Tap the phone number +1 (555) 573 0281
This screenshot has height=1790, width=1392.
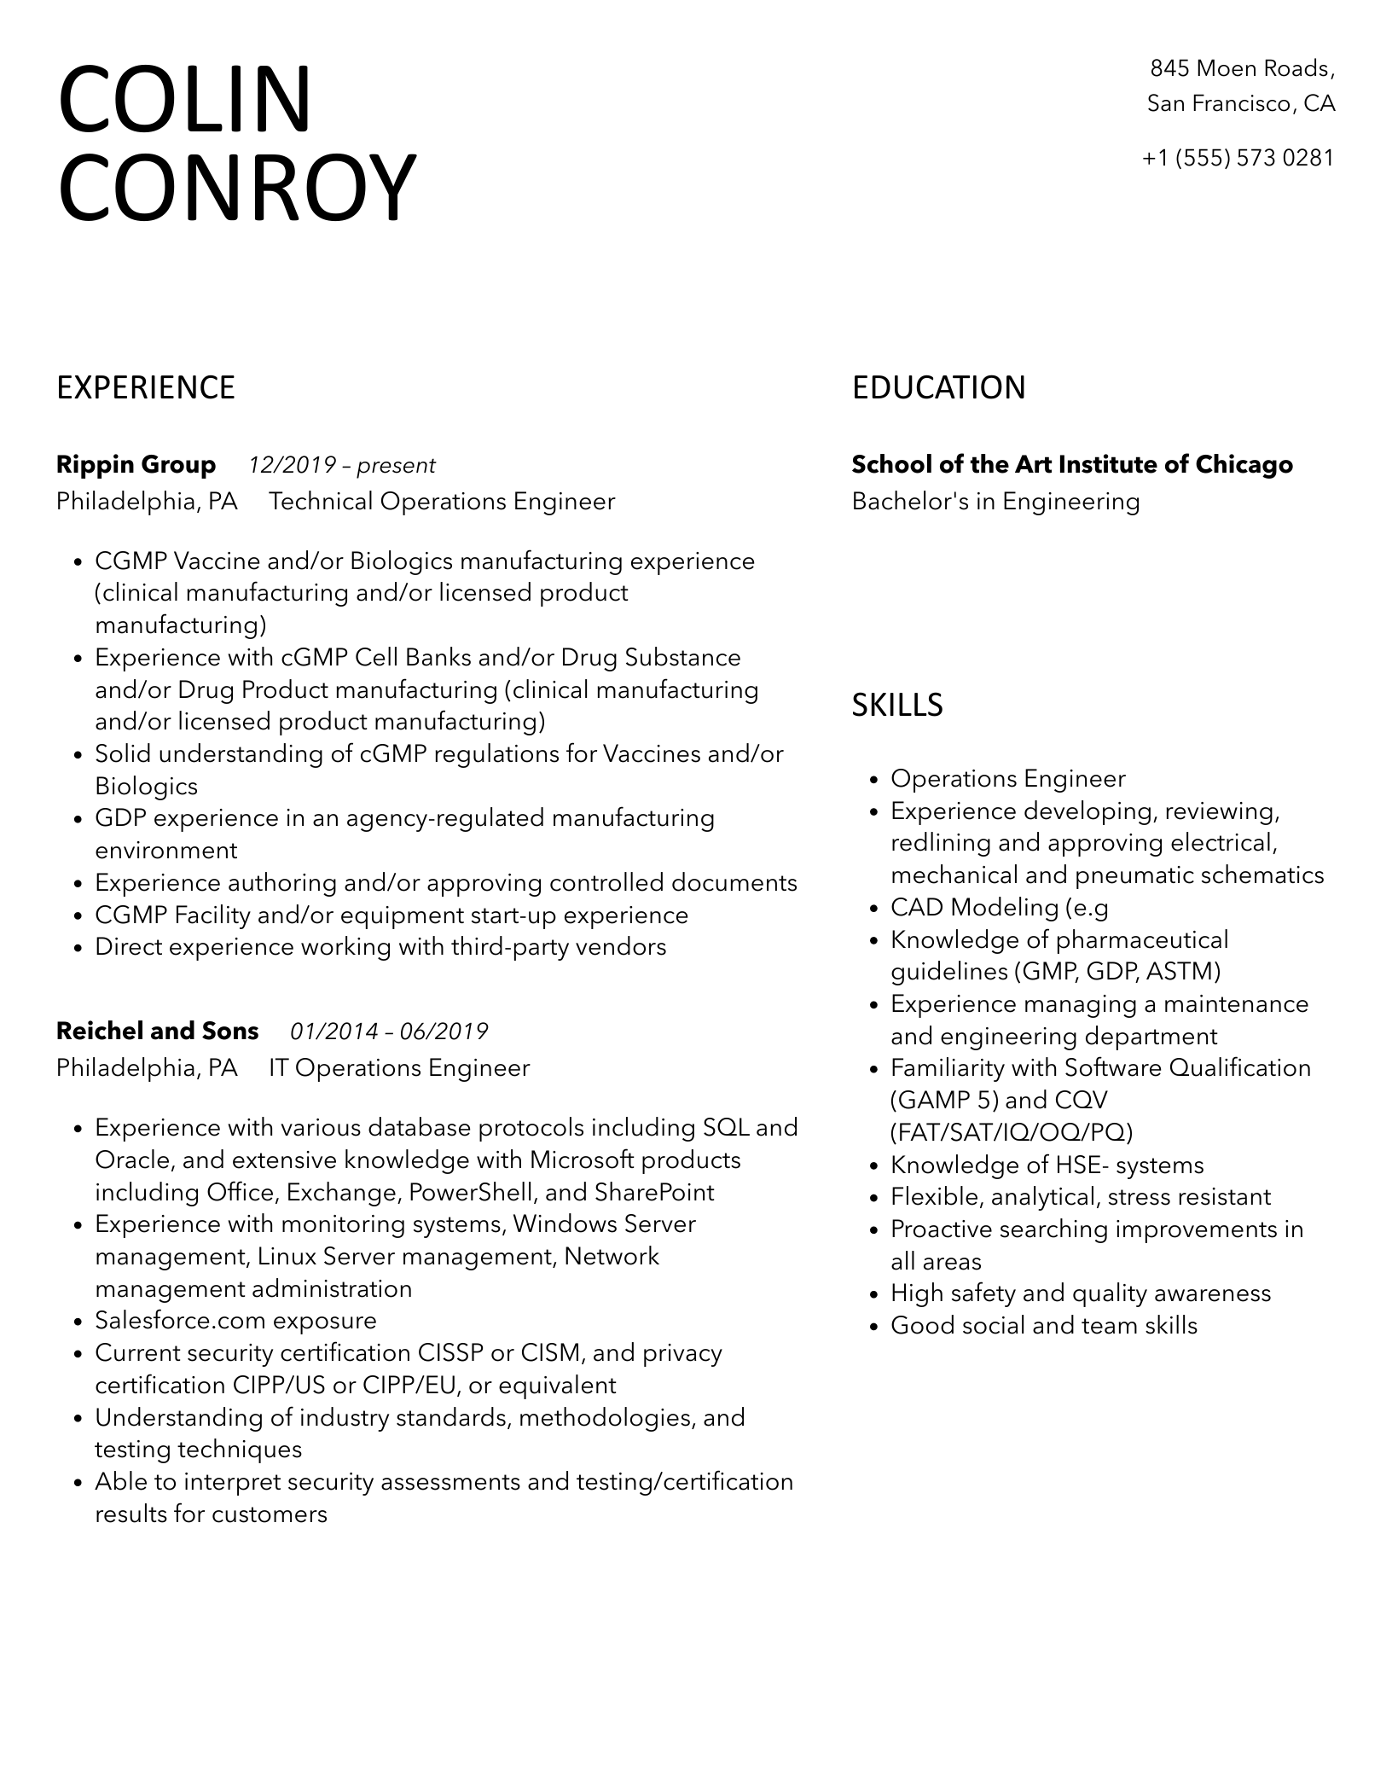(1238, 158)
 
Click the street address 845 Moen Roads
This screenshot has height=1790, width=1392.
(1241, 68)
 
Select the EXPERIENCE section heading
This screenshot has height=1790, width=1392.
(145, 387)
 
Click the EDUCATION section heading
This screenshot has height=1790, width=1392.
(938, 387)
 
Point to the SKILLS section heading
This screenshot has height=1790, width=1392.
(897, 705)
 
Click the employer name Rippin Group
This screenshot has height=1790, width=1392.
(136, 464)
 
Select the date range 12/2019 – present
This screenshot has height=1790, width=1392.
(342, 465)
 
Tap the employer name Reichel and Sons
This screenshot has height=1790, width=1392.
(157, 1031)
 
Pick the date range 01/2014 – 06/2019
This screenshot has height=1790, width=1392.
(389, 1032)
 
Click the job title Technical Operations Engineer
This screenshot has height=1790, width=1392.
(442, 501)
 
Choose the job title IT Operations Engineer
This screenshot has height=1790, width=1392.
(399, 1067)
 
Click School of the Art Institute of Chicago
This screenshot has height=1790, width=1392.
(1072, 464)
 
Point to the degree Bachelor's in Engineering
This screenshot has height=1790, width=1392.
(995, 501)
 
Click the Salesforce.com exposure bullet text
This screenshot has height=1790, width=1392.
(235, 1320)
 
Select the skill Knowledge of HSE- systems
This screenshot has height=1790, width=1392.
(1047, 1165)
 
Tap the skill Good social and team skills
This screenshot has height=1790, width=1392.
(1044, 1325)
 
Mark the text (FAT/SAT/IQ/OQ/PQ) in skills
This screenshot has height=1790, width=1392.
(1012, 1132)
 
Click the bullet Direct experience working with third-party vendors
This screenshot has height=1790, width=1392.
(380, 946)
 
